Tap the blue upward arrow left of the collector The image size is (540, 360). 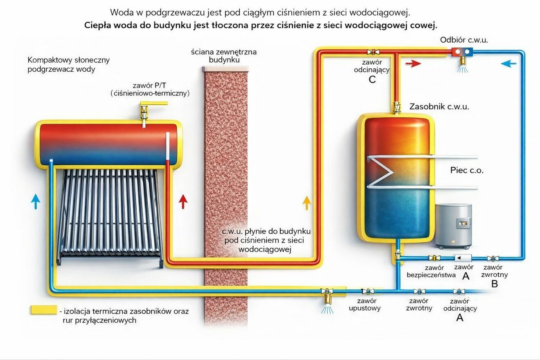pos(36,201)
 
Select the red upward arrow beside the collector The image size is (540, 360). pos(183,202)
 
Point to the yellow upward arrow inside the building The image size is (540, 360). pos(307,203)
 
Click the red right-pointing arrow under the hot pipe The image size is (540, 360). pos(413,64)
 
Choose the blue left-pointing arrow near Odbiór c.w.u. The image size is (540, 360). pos(509,64)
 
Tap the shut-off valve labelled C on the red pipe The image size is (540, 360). pos(373,52)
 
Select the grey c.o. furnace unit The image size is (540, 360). pos(454,226)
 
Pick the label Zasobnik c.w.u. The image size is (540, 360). pos(439,107)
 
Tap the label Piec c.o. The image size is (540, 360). pos(467,170)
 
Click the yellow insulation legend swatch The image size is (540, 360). pos(44,310)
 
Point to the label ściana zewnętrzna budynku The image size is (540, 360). pos(224,56)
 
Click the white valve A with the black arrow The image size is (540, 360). pos(463,258)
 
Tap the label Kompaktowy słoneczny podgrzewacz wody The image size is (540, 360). pos(69,64)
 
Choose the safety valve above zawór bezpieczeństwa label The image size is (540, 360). pos(434,258)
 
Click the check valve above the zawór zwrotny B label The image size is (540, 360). pos(493,259)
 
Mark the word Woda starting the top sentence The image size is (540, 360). pos(122,13)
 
